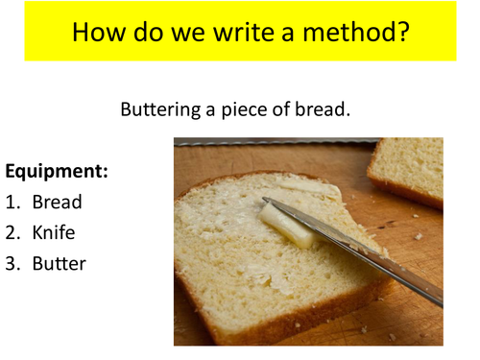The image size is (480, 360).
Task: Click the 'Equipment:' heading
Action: [x=57, y=172]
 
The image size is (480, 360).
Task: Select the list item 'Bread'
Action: [x=57, y=203]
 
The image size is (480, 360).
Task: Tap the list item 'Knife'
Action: [x=53, y=232]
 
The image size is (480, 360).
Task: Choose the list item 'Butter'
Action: [x=59, y=263]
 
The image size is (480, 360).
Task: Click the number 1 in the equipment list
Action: [x=12, y=203]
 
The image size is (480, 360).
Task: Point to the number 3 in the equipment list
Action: [x=12, y=263]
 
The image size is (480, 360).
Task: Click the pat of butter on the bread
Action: [x=288, y=225]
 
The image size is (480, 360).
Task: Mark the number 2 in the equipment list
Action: [x=12, y=232]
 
